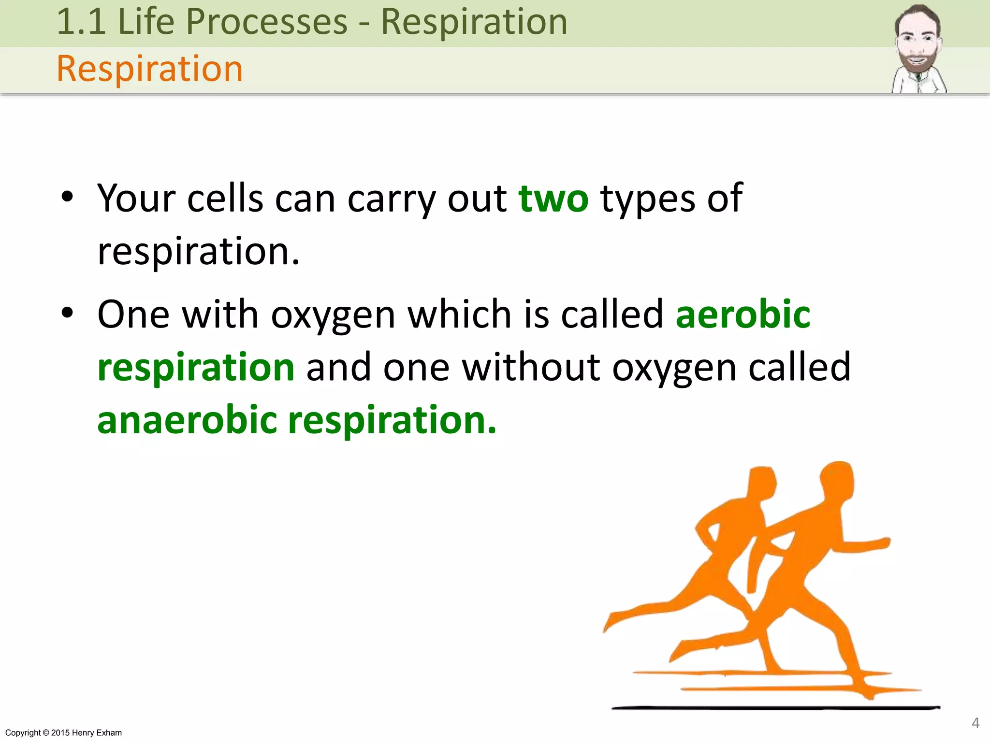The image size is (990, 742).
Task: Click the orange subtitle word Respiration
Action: click(x=149, y=69)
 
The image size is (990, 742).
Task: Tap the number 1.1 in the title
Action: click(x=81, y=22)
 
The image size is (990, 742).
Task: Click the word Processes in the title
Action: click(x=267, y=22)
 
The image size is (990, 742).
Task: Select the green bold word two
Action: click(x=553, y=199)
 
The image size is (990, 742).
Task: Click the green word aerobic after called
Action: click(x=743, y=314)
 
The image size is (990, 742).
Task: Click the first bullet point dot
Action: click(x=67, y=197)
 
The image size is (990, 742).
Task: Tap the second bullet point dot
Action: click(x=67, y=313)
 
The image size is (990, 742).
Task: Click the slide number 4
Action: click(x=975, y=723)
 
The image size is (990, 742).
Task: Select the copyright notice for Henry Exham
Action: click(x=63, y=733)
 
